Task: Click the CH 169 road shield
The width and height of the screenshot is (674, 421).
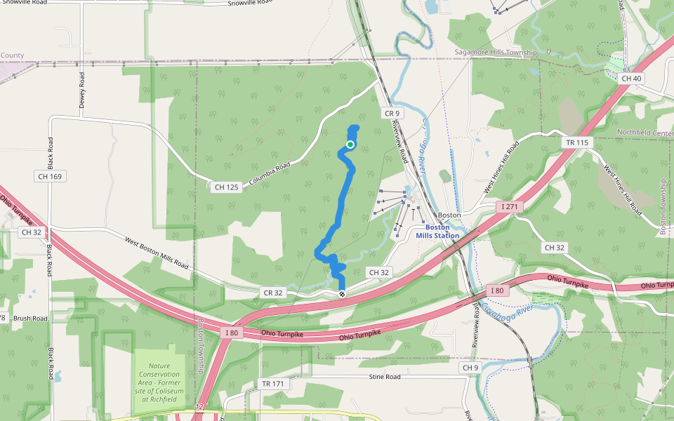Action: (x=51, y=176)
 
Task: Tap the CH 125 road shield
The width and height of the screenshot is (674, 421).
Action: (x=227, y=187)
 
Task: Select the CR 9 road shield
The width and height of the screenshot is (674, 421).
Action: (x=391, y=113)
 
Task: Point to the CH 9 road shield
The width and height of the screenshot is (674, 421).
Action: (x=470, y=368)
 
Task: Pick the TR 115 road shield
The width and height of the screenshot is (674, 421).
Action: (x=576, y=142)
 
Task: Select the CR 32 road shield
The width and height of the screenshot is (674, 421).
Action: (x=274, y=292)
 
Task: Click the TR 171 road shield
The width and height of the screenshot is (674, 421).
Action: (x=274, y=384)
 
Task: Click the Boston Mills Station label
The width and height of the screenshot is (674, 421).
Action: (x=437, y=232)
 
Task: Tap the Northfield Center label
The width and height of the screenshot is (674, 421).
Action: (x=645, y=132)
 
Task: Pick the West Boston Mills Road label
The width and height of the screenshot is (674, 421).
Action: (x=157, y=253)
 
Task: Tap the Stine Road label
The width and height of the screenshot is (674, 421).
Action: (x=384, y=377)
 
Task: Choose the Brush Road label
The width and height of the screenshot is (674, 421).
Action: (x=29, y=318)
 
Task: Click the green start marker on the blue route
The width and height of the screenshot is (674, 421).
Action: (x=350, y=145)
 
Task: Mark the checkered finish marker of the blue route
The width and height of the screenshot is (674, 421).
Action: (x=342, y=293)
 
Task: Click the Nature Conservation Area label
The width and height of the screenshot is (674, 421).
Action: (x=159, y=382)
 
